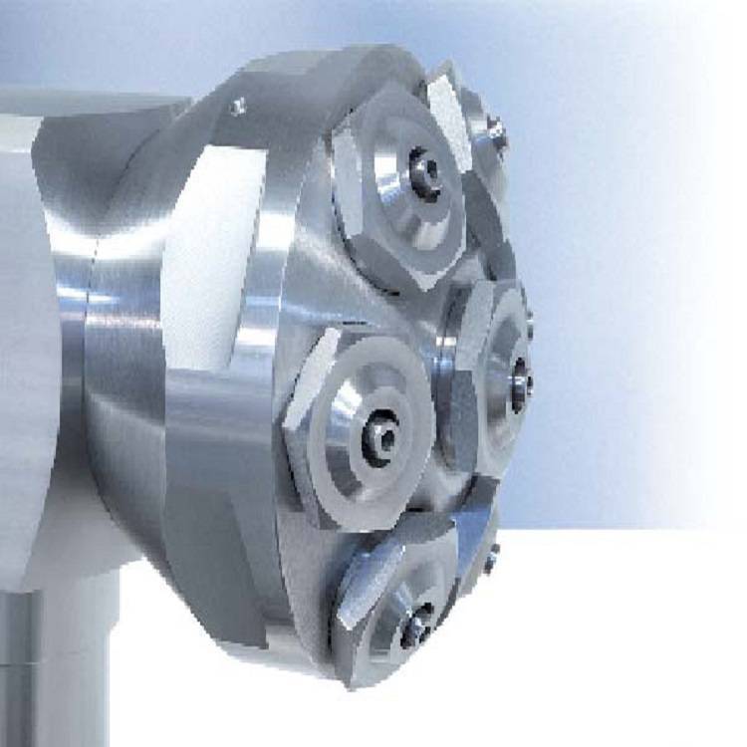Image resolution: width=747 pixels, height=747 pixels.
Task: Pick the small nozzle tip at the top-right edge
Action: click(496, 135)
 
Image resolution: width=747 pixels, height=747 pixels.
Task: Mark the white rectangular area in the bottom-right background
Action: click(627, 637)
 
